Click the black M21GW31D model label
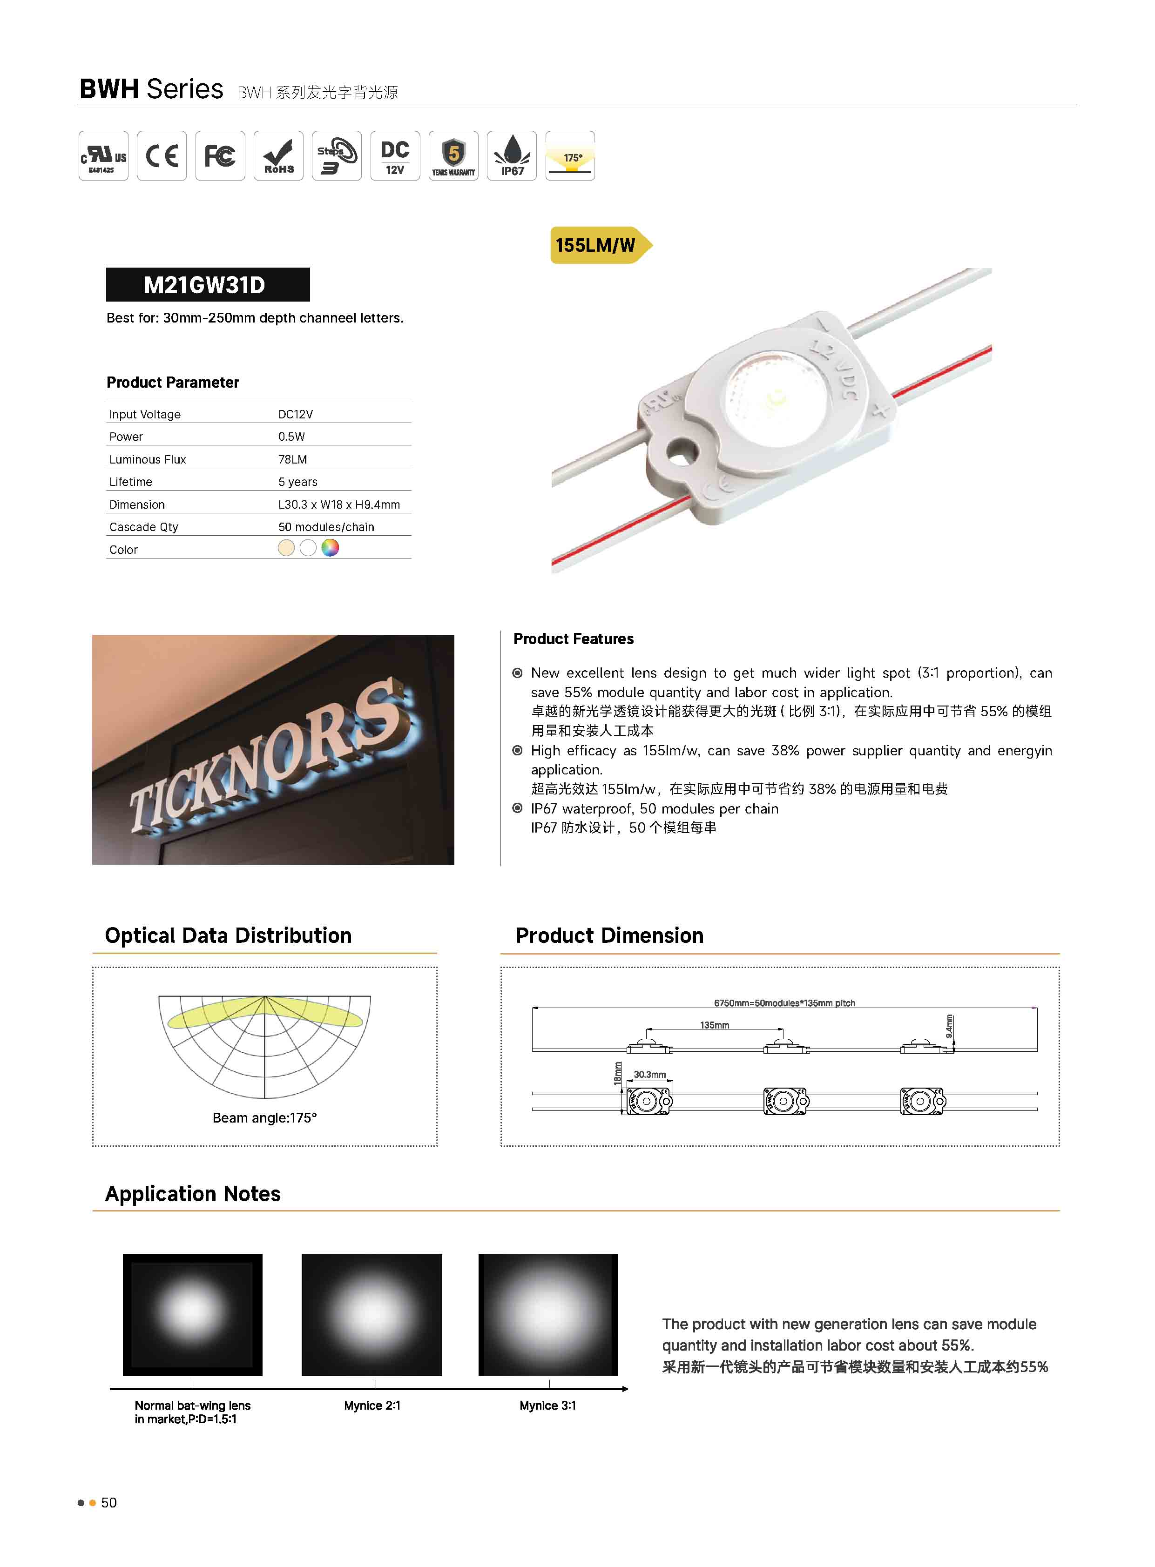pyautogui.click(x=207, y=284)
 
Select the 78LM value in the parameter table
pyautogui.click(x=292, y=459)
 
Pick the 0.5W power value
pyautogui.click(x=291, y=437)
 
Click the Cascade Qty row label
pyautogui.click(x=143, y=527)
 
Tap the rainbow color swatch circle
pyautogui.click(x=330, y=548)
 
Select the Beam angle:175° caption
pyautogui.click(x=264, y=1117)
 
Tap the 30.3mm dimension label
pyautogui.click(x=649, y=1074)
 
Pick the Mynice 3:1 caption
pyautogui.click(x=547, y=1406)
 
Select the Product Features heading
pyautogui.click(x=573, y=639)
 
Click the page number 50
pyautogui.click(x=109, y=1503)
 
